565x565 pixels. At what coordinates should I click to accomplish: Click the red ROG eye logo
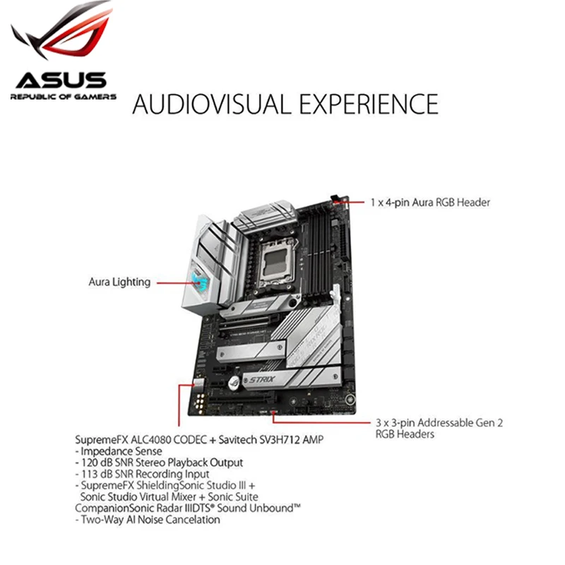(x=62, y=32)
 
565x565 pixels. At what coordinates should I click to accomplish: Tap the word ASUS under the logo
(x=61, y=80)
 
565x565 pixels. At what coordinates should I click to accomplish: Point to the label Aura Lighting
(x=119, y=282)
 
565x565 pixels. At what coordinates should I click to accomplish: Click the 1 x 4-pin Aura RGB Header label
(x=430, y=202)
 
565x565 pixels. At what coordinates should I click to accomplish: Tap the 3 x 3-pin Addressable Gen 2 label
(x=439, y=423)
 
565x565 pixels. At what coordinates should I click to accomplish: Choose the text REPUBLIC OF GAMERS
(x=63, y=95)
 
